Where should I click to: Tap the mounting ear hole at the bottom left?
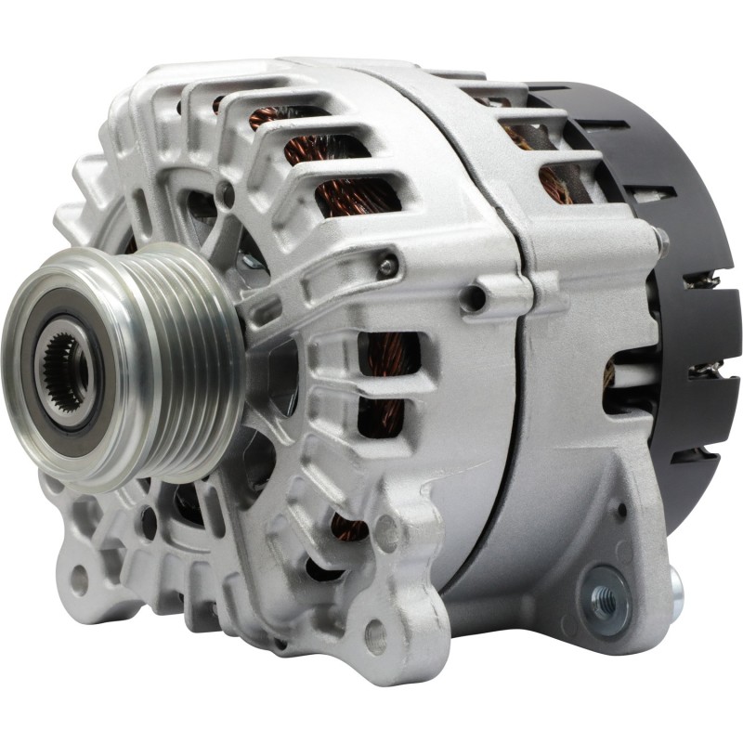point(79,580)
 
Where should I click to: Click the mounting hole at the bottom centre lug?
point(375,635)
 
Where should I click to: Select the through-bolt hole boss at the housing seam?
point(475,298)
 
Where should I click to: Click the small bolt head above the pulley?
point(224,194)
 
